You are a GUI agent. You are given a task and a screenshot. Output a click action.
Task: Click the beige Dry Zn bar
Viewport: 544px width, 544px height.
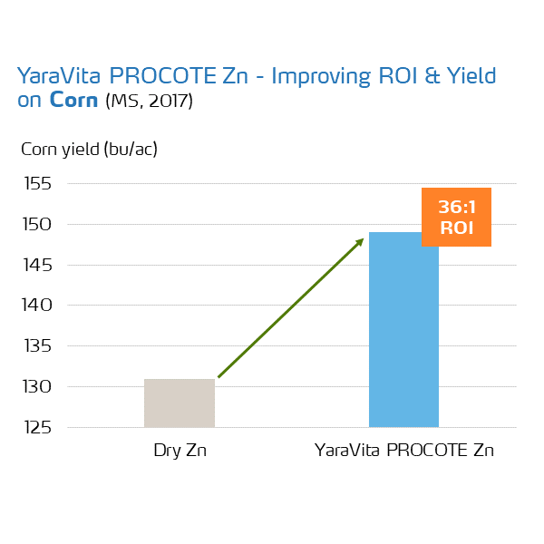tap(180, 403)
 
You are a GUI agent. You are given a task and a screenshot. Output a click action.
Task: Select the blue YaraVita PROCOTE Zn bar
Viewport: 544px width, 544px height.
tap(403, 330)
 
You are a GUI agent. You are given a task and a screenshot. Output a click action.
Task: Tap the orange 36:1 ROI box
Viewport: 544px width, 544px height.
tap(456, 217)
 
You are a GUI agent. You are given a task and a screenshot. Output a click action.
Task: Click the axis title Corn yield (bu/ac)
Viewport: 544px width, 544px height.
tap(90, 149)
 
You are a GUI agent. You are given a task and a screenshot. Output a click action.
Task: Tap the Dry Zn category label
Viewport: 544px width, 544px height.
tap(180, 451)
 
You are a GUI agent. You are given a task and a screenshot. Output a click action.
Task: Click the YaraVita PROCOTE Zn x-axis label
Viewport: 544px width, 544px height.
tap(403, 451)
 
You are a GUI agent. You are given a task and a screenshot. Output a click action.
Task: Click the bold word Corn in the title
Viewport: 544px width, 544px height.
tap(73, 100)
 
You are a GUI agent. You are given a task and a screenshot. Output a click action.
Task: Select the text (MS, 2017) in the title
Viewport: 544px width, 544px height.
tap(149, 101)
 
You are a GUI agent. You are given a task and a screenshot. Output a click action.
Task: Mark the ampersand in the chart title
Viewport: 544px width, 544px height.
tap(432, 76)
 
